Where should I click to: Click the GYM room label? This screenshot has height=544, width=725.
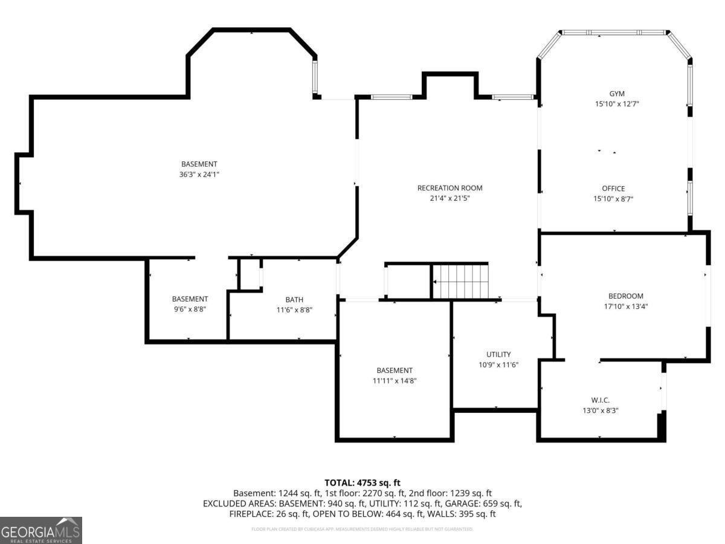tap(616, 94)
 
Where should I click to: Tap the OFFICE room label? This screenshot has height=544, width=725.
tap(613, 189)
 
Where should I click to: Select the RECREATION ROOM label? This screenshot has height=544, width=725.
tap(449, 188)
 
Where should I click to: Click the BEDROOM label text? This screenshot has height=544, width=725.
tap(625, 296)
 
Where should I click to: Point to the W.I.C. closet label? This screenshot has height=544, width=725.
tap(600, 400)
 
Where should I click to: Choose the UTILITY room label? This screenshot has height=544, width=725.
tap(498, 354)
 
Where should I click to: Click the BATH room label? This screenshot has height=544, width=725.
tap(294, 300)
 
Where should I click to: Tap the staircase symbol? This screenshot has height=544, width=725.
tap(460, 281)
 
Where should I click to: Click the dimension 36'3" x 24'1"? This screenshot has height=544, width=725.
tap(199, 174)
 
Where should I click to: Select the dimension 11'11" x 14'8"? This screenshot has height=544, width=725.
tap(395, 381)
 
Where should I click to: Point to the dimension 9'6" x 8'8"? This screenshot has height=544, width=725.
tap(190, 309)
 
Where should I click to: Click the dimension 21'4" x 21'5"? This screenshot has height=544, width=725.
tap(449, 198)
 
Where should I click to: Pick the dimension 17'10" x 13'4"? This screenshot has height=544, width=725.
tap(625, 306)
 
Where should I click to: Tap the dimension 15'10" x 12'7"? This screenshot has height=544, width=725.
tap(616, 104)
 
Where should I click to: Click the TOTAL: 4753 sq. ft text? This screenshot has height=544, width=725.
tap(362, 482)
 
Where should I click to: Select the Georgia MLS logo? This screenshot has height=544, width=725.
tap(41, 530)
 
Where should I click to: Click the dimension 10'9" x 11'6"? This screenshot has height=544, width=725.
tap(498, 364)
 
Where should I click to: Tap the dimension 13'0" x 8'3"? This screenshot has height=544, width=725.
tap(600, 410)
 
